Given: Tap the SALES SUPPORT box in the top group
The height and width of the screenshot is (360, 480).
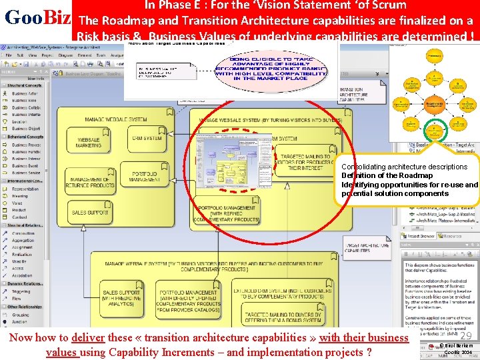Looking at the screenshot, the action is click(90, 213).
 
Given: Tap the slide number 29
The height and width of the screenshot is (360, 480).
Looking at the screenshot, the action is click(465, 337).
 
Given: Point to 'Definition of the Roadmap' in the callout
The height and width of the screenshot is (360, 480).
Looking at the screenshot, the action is click(377, 175).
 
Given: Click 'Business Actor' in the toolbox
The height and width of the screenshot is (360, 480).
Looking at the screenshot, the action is click(26, 94).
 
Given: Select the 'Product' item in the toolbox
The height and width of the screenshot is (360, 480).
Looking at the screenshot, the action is click(19, 210).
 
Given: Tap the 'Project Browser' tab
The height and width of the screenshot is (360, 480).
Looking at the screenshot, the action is click(421, 237).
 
